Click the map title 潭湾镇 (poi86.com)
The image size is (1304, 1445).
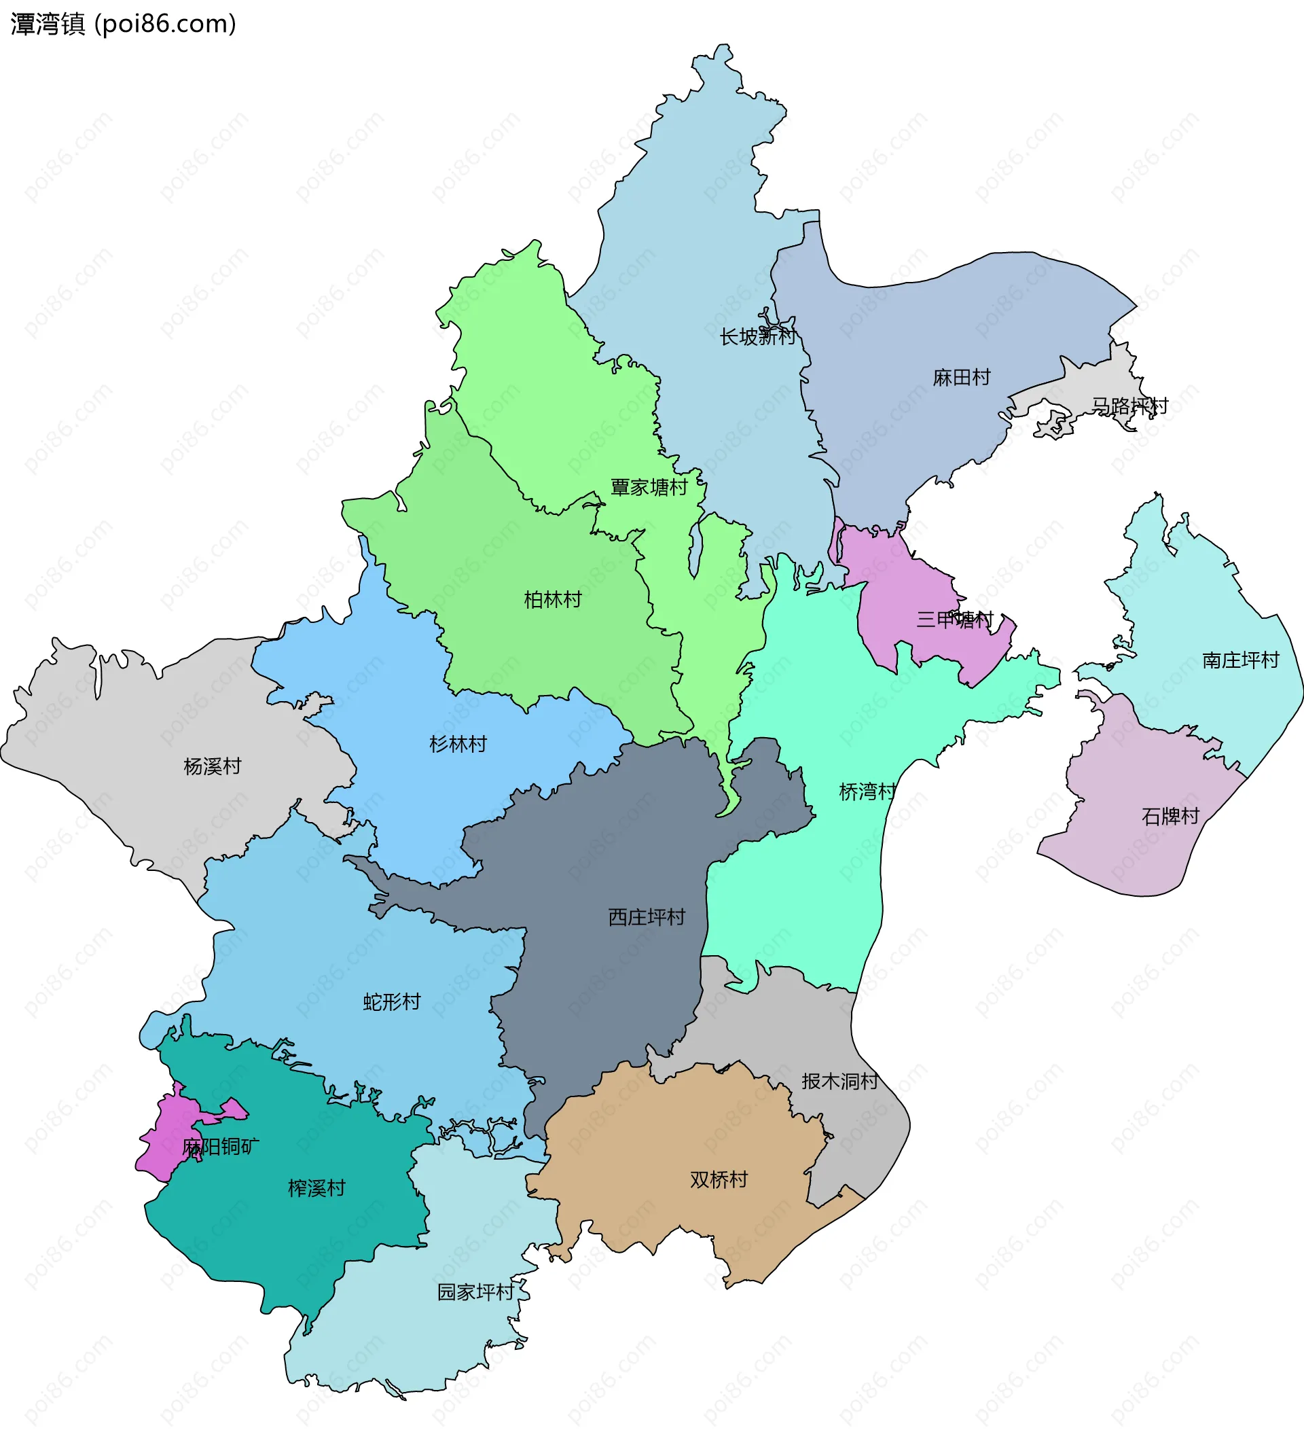click(x=123, y=24)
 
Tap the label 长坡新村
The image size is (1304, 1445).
click(x=757, y=336)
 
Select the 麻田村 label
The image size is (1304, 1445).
click(x=961, y=377)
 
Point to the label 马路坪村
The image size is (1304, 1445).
click(x=1129, y=406)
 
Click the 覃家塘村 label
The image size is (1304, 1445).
click(x=649, y=487)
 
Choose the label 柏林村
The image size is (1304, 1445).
click(x=552, y=599)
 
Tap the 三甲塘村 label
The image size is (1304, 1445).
click(x=954, y=620)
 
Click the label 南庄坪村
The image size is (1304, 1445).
click(x=1240, y=660)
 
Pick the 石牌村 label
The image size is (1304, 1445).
click(x=1170, y=816)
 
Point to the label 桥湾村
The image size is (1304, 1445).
click(x=867, y=791)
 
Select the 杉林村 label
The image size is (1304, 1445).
click(x=458, y=744)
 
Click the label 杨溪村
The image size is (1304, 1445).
click(x=212, y=766)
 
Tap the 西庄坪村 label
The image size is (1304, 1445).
click(x=647, y=916)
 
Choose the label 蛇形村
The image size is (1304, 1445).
click(x=391, y=1001)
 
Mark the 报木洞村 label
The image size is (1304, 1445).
click(x=839, y=1081)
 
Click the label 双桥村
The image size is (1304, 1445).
click(x=719, y=1179)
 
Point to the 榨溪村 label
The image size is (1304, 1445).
click(x=316, y=1188)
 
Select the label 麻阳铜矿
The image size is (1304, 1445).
click(x=221, y=1147)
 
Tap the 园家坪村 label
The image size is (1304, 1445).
click(x=475, y=1291)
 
